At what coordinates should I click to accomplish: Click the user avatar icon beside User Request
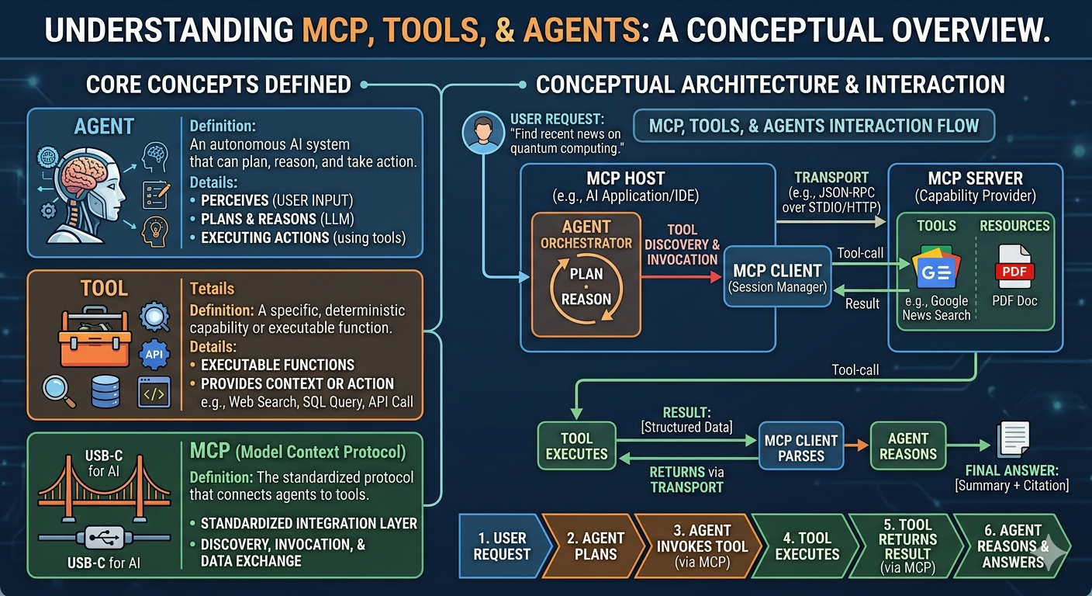pos(483,132)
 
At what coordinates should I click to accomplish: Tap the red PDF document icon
pos(1014,267)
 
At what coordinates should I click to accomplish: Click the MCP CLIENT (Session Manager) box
pos(778,276)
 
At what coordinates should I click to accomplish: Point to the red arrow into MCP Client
pos(681,277)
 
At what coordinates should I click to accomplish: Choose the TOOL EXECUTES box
pos(577,445)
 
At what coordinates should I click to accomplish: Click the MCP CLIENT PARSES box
pos(801,445)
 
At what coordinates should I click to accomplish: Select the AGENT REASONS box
pos(907,445)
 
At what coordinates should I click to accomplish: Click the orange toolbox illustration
pos(95,337)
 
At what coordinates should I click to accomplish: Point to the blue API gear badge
pos(154,354)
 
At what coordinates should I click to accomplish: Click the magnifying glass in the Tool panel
pos(58,390)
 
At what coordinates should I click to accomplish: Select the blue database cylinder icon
pos(105,391)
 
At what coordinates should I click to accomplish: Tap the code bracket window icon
pos(154,392)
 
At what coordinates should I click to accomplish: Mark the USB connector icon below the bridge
pos(104,538)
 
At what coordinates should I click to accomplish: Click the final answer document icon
pos(1013,440)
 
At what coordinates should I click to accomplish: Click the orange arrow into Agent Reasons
pos(856,445)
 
